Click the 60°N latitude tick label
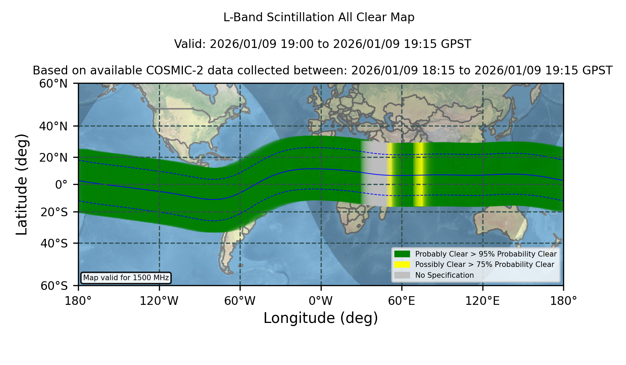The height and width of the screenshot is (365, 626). click(53, 84)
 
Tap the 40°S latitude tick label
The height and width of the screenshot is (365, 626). click(54, 243)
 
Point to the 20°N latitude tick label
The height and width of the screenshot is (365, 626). click(53, 157)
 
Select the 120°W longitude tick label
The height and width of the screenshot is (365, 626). click(159, 301)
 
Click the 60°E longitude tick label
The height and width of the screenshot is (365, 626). click(402, 301)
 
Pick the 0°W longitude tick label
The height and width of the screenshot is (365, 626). click(321, 301)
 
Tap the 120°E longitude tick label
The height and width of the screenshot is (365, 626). click(482, 301)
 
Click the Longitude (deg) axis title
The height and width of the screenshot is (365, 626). click(321, 318)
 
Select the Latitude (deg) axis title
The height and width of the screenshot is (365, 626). click(22, 184)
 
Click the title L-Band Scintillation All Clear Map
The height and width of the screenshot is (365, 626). click(319, 17)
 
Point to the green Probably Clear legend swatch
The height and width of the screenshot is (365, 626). click(402, 254)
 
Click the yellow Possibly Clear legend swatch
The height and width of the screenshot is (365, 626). click(402, 265)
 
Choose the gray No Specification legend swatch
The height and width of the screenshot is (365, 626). click(402, 275)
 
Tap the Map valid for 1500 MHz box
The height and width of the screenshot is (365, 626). click(126, 278)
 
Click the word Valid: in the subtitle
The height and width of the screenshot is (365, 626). click(190, 44)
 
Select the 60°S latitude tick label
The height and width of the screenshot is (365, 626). click(54, 286)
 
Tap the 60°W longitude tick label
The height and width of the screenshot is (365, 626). click(240, 301)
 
